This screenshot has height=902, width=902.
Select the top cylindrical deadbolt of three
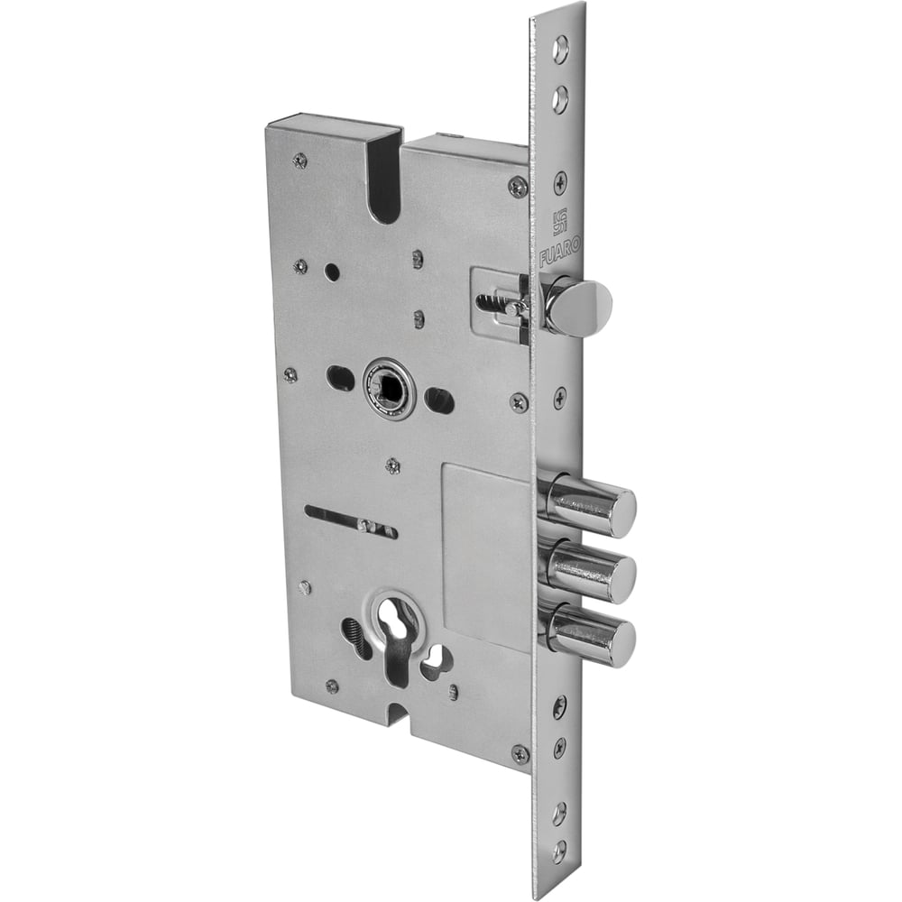592,500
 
